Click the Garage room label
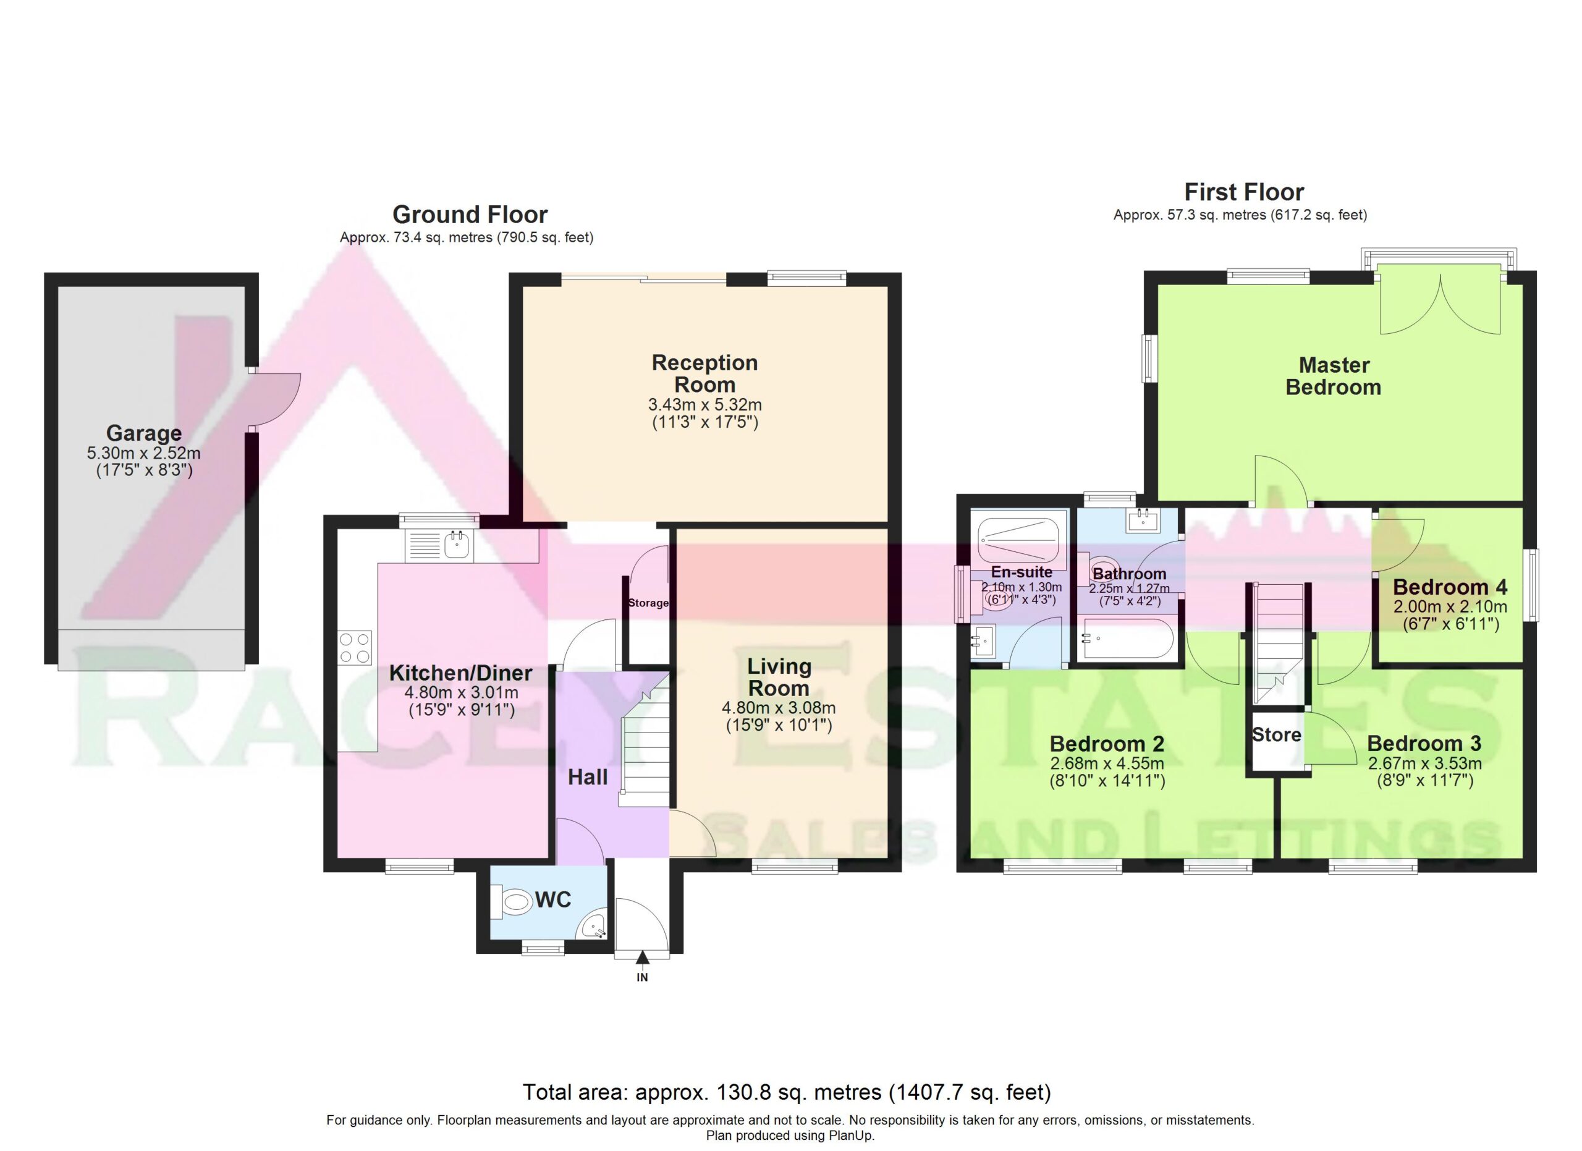[x=144, y=433]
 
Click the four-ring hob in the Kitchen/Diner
[x=355, y=647]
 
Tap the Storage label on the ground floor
[x=648, y=603]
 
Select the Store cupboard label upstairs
[x=1277, y=734]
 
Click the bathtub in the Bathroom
[x=1127, y=639]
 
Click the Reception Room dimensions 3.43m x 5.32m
[x=704, y=405]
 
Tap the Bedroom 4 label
[x=1450, y=587]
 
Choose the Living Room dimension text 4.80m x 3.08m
[x=779, y=708]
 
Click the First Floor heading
[x=1245, y=192]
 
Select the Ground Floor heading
[x=470, y=214]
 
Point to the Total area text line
[x=787, y=1092]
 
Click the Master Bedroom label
[x=1334, y=376]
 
